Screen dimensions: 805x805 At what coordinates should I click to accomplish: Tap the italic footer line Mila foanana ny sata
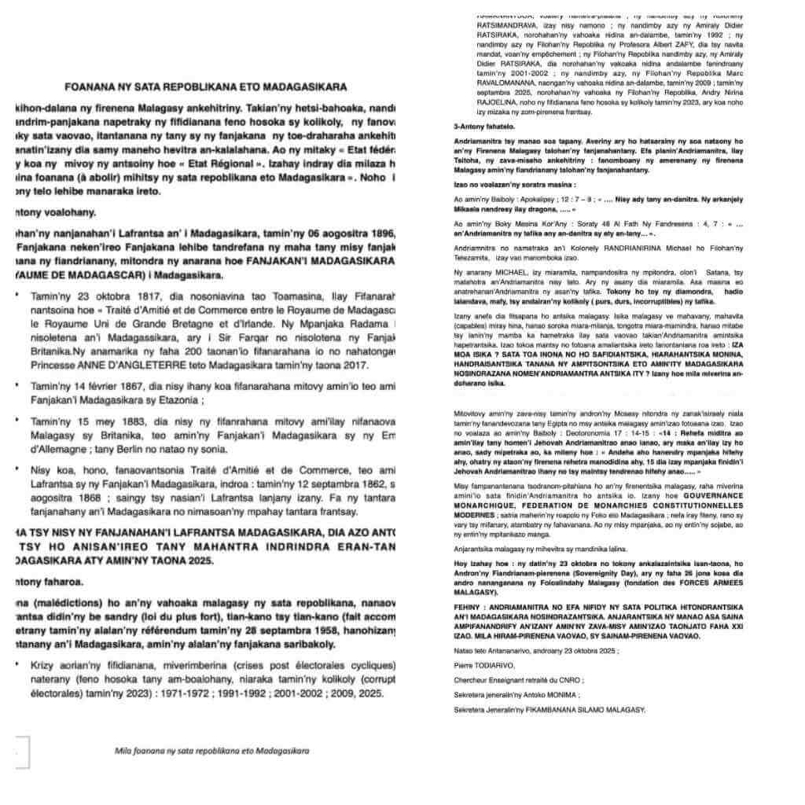211,750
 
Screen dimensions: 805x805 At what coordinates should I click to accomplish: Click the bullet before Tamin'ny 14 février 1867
17,387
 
